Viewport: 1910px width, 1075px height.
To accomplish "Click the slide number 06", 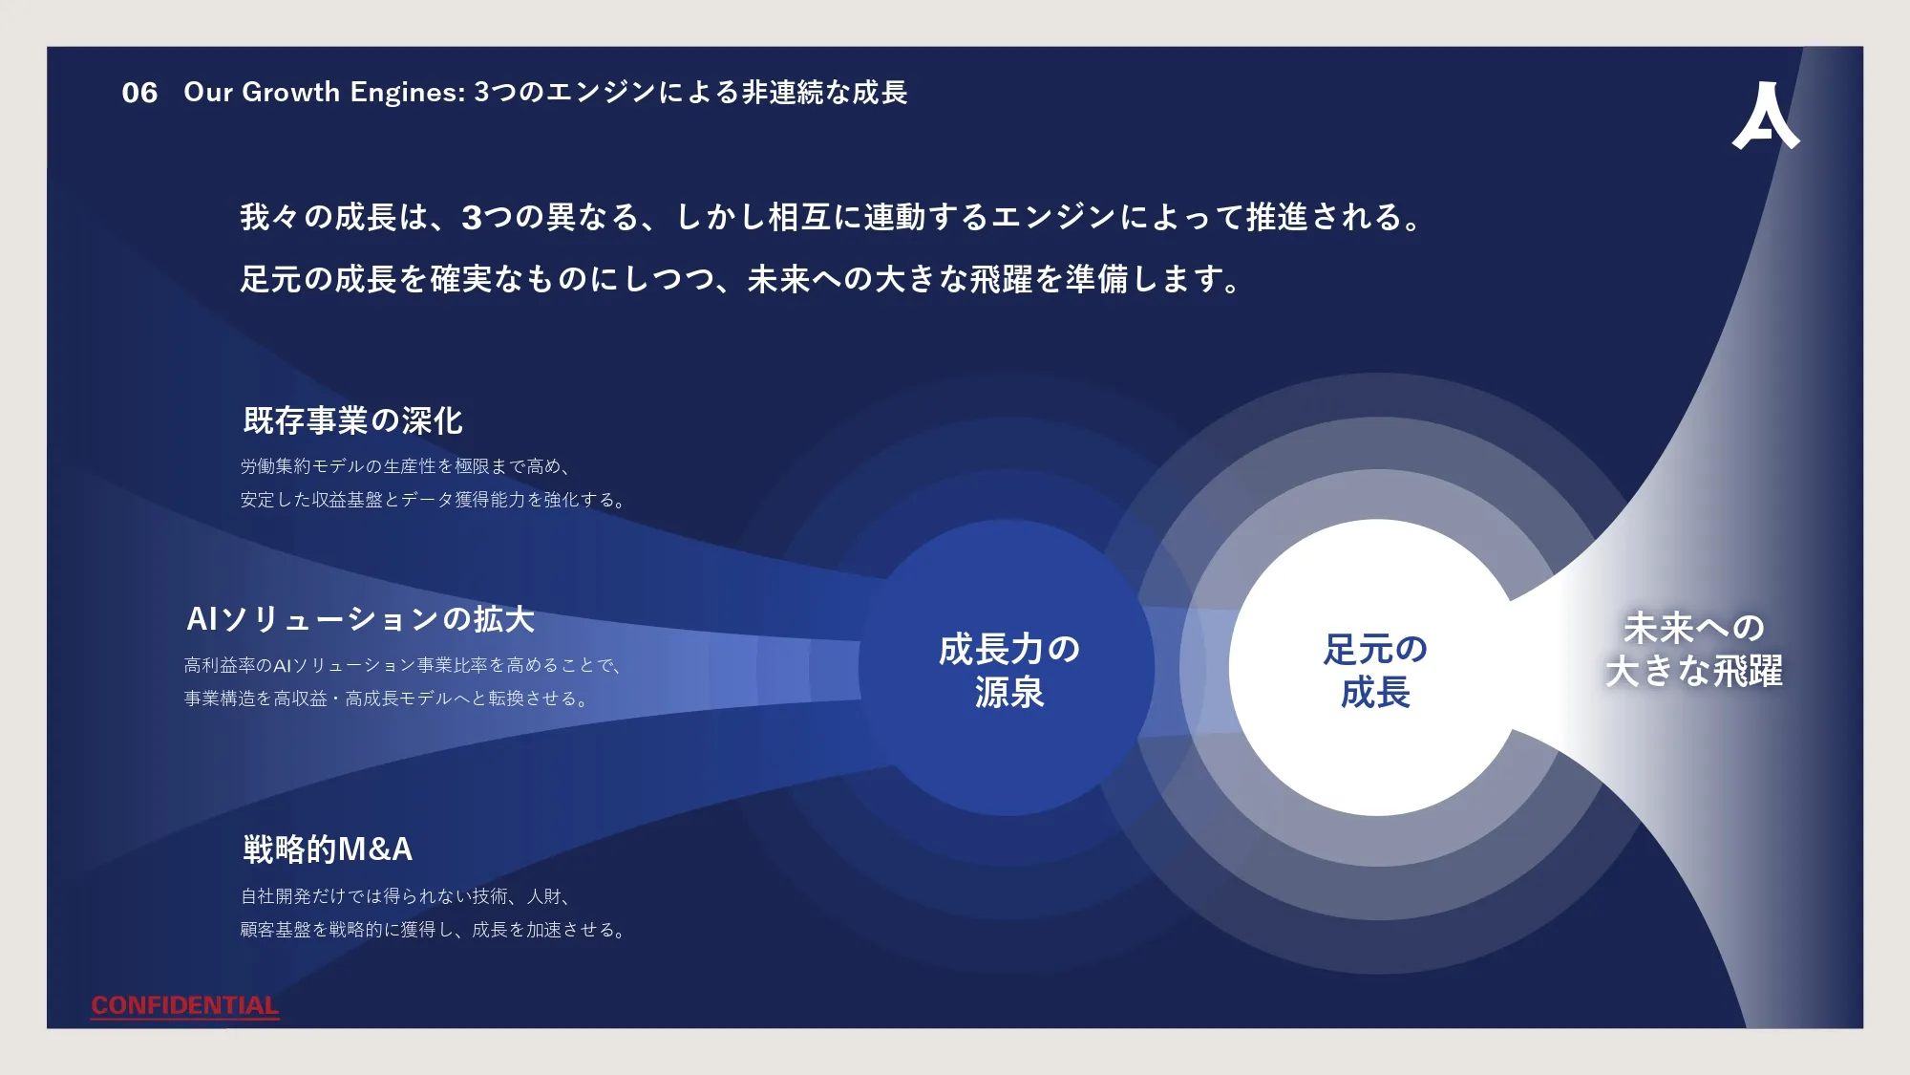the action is point(139,93).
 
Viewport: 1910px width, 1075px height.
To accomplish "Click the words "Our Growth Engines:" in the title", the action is point(325,92).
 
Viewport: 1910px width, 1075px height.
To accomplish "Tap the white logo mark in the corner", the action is point(1766,115).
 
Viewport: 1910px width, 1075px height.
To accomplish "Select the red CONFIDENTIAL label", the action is point(185,1005).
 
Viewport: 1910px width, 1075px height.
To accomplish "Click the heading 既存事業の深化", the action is point(352,420).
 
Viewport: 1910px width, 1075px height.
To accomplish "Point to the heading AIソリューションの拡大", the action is point(360,619).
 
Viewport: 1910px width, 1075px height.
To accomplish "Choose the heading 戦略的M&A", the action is point(328,849).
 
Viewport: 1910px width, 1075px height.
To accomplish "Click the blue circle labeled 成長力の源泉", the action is point(1008,668).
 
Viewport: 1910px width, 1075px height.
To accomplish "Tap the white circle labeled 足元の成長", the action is point(1376,668).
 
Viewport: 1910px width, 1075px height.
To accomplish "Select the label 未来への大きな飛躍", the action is point(1694,650).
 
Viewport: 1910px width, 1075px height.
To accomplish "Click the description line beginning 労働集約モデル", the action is point(407,466).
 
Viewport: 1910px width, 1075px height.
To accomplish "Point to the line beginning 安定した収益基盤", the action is point(433,500).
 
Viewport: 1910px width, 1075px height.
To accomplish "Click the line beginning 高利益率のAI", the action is point(402,665).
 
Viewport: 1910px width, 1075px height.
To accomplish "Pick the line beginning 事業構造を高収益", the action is point(386,699).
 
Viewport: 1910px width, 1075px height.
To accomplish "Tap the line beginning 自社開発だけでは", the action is point(407,896).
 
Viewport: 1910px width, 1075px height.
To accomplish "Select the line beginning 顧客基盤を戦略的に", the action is point(434,930).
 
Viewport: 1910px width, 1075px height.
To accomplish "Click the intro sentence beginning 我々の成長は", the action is point(831,217).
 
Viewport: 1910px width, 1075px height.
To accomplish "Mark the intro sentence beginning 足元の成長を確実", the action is point(741,279).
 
